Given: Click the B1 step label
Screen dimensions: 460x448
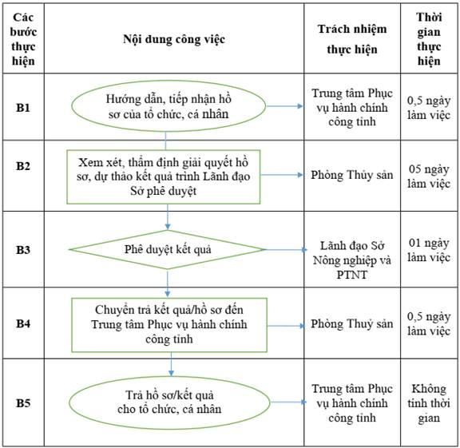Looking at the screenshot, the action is (23, 108).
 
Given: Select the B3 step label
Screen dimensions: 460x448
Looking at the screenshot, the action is (23, 250).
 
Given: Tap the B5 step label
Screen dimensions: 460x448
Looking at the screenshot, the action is (23, 402).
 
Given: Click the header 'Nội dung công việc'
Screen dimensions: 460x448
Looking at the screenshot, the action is (174, 39).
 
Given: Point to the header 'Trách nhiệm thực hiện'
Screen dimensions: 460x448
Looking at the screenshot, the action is (352, 39).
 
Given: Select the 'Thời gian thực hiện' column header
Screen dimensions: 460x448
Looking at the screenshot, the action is (429, 39).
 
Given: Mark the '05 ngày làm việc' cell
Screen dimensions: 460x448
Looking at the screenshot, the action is (429, 176).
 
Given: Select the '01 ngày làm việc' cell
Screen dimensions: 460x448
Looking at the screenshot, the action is (429, 250).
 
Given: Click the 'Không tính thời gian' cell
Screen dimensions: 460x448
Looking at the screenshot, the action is (429, 403).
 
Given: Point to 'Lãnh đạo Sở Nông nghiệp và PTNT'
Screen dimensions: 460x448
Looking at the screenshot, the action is (352, 260).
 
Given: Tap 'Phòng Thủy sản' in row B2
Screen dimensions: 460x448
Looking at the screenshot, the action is (352, 175).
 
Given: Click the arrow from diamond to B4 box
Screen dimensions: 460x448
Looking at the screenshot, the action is (168, 283).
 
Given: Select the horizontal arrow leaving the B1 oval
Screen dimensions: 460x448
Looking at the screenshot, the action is (284, 106).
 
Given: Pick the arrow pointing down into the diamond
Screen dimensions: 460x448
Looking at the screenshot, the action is (168, 216).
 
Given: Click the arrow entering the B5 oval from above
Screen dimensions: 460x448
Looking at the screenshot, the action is (172, 364).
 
